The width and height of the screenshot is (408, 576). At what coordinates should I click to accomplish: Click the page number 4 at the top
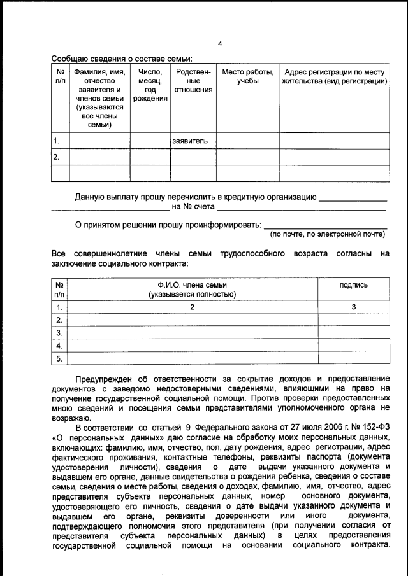point(219,44)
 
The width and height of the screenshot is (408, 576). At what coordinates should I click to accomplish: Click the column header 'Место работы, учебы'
point(247,76)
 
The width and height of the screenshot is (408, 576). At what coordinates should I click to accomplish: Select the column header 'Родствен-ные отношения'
point(193,81)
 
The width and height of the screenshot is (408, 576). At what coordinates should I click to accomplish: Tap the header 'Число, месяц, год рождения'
point(150,86)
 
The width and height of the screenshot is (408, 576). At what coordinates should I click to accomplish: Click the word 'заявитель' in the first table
point(190,141)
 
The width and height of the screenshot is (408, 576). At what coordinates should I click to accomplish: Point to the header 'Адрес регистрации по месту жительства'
point(335,76)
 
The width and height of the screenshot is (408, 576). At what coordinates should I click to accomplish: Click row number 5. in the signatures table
point(59,359)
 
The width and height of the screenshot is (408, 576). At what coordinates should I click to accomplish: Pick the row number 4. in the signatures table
point(59,346)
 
